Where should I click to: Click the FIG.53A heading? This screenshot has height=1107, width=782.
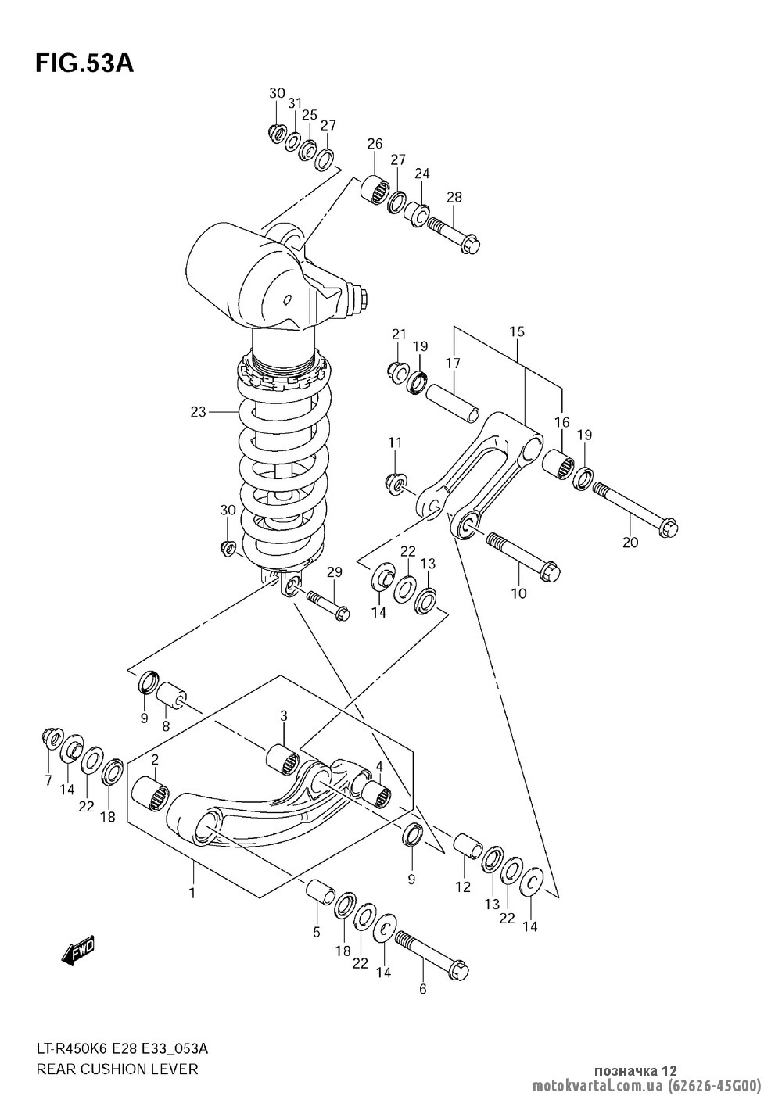(84, 64)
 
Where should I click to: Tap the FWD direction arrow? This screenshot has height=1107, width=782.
(78, 952)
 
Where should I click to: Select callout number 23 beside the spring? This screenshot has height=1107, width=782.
(198, 411)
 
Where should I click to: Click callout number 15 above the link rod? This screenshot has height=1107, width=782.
(518, 331)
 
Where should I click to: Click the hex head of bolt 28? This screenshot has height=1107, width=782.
(470, 245)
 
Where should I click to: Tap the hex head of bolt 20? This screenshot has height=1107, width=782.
(668, 528)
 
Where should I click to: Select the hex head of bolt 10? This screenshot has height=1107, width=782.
(551, 571)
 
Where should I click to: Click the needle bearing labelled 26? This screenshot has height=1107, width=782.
(375, 188)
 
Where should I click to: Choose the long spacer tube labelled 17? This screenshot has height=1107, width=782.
(452, 403)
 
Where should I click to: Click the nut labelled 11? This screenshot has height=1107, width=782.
(396, 483)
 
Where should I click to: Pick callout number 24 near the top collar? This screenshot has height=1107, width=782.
(422, 174)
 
